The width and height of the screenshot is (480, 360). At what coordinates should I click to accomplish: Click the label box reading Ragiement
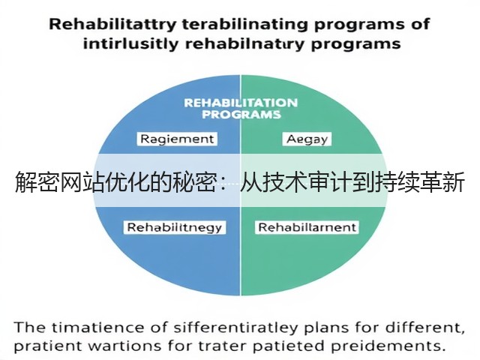pos(177,139)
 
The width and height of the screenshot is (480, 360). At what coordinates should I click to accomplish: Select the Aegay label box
pos(307,139)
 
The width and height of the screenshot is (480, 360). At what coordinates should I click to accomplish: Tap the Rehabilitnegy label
pos(175,227)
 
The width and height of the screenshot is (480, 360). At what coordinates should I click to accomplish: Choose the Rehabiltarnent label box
pos(307,227)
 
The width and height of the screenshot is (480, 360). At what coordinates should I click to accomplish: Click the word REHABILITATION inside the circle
pos(241,103)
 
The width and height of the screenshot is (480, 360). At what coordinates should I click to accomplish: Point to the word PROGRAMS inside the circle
pos(241,115)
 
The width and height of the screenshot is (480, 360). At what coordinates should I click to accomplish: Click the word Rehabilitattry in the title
pos(112,25)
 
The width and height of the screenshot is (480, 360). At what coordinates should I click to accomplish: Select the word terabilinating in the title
pos(245,25)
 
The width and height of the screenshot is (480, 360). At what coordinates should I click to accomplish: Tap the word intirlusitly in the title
pos(130,44)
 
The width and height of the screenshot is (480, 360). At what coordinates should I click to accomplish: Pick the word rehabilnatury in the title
pos(244,45)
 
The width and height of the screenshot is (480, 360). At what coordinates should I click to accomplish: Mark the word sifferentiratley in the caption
pos(235,328)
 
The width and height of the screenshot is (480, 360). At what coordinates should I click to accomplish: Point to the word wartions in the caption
pos(125,346)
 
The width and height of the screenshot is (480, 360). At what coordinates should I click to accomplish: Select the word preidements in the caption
pos(388,346)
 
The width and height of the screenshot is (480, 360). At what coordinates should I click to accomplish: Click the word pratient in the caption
pos(48,346)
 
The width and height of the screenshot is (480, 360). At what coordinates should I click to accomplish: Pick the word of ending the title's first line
pos(420,25)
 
